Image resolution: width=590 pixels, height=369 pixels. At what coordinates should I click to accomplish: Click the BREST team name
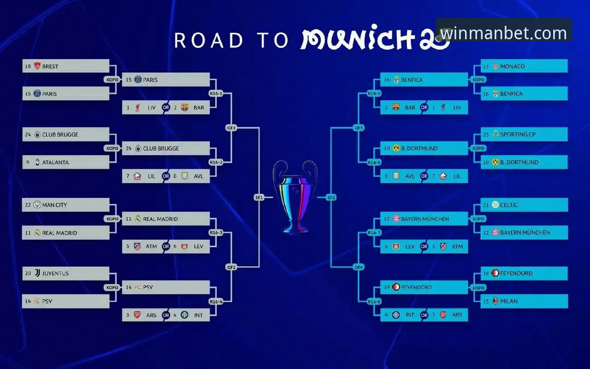click(50, 66)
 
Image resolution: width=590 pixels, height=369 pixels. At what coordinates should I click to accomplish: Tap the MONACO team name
click(512, 66)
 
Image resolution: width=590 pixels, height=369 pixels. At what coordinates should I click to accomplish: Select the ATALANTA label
click(55, 162)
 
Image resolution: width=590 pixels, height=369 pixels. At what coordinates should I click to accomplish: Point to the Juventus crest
click(37, 273)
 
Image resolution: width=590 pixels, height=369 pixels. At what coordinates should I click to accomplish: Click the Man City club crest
click(37, 205)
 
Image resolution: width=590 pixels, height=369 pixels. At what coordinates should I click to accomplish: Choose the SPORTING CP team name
click(518, 134)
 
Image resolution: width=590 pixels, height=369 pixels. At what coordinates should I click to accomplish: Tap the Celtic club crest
click(496, 204)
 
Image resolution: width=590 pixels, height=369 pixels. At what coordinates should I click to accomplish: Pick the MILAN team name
click(508, 301)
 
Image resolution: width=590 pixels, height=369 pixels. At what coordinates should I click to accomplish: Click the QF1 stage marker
click(231, 128)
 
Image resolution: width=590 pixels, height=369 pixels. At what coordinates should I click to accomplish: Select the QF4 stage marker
click(359, 267)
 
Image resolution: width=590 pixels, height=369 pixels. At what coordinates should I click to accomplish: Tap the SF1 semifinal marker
click(259, 197)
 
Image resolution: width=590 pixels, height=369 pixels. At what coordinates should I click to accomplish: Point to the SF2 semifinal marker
click(331, 197)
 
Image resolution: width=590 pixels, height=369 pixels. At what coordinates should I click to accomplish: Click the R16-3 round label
click(216, 232)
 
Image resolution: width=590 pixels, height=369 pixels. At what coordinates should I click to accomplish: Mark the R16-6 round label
click(374, 162)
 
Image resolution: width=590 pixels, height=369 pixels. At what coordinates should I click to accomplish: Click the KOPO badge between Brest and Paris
click(112, 80)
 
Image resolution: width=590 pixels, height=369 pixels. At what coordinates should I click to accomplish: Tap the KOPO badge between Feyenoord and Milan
click(478, 287)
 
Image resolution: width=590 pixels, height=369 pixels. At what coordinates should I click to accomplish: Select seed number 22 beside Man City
click(28, 205)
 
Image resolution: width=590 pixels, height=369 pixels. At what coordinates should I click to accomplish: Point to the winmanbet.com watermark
click(503, 33)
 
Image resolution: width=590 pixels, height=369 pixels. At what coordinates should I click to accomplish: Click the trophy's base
click(295, 229)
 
